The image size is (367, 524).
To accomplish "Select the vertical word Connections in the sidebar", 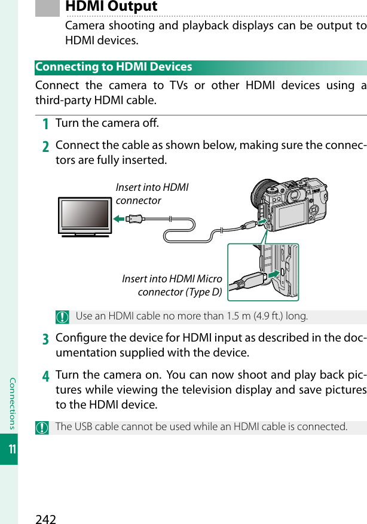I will [10, 395].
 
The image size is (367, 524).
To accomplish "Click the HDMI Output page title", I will [111, 7].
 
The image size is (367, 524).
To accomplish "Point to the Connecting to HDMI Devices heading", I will [114, 67].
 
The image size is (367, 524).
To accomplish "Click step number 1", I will [45, 124].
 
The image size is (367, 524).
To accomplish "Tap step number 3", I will [45, 339].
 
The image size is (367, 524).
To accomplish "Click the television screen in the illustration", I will [84, 214].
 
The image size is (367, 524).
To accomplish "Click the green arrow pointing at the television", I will [120, 219].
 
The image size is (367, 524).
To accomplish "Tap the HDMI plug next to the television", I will [135, 219].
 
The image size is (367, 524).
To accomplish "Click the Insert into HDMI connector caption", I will [152, 194].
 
